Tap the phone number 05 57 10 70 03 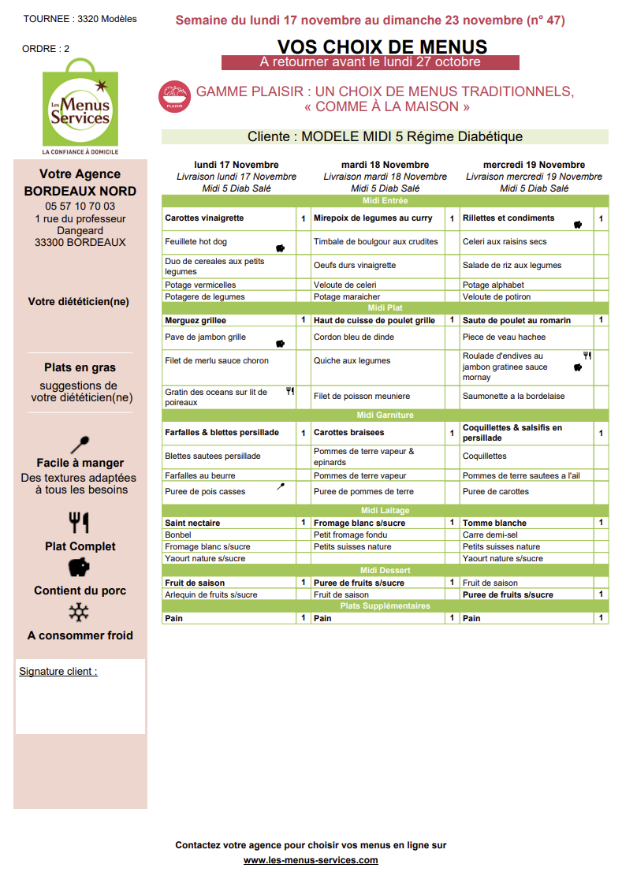click(x=80, y=206)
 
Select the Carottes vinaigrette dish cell click(x=204, y=218)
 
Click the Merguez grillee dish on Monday click(x=196, y=321)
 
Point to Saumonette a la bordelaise click(x=513, y=397)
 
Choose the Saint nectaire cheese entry click(x=192, y=523)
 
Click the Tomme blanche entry click(x=494, y=523)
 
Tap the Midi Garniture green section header click(x=385, y=415)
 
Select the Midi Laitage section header click(x=385, y=510)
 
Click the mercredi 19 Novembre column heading click(x=534, y=165)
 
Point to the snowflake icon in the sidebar click(x=80, y=613)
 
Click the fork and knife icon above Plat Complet click(x=80, y=523)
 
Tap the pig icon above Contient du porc click(x=80, y=568)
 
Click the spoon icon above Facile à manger click(x=80, y=444)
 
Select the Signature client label click(x=58, y=672)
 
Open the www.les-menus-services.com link click(x=311, y=860)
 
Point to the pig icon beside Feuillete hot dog click(x=280, y=248)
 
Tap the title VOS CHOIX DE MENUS click(x=382, y=47)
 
